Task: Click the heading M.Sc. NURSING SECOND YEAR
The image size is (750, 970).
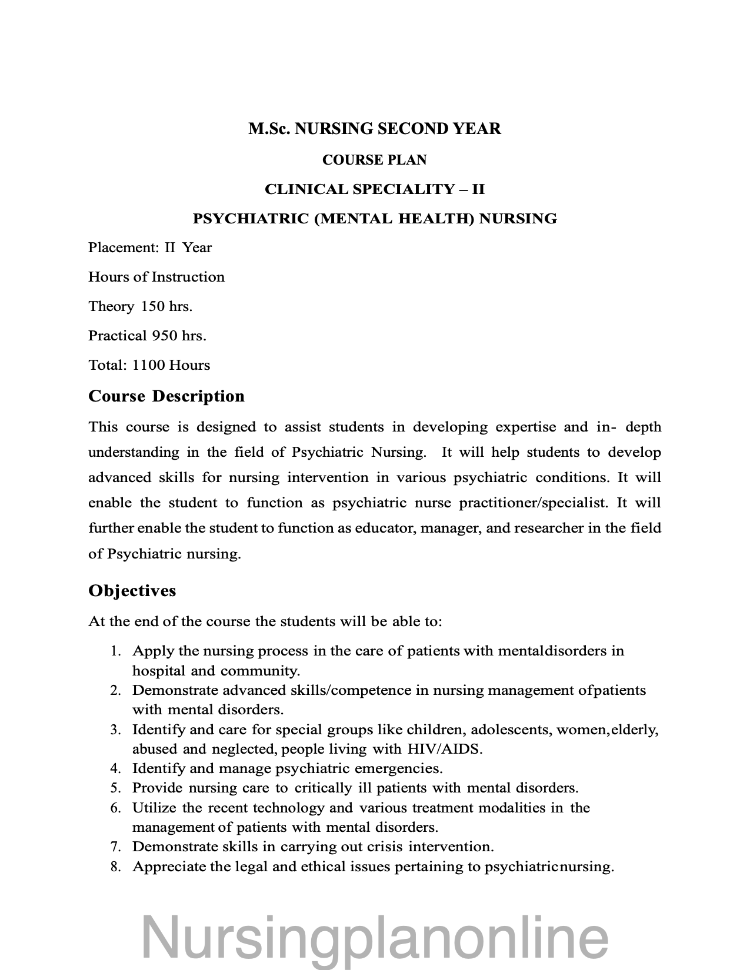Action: coord(375,129)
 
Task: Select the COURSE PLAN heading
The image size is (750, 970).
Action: coord(375,160)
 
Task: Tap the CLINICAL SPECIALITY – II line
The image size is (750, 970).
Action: coord(375,189)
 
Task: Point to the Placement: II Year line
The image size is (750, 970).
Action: coord(150,247)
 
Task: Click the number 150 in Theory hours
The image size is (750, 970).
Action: coord(152,306)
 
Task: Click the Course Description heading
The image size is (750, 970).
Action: coord(166,396)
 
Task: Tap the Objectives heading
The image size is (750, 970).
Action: coord(132,590)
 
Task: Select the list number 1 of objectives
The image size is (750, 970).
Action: coord(115,651)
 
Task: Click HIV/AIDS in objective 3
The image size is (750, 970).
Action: coord(444,749)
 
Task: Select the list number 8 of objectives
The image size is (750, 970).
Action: coord(115,867)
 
